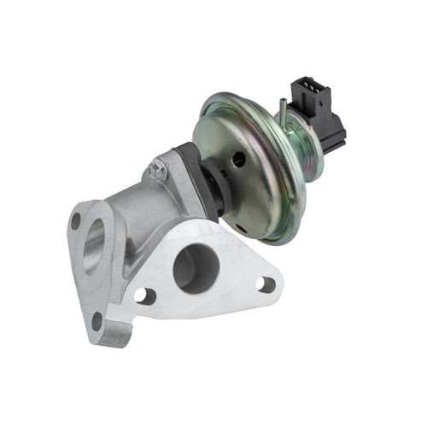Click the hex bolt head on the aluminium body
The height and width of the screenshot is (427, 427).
[157, 170]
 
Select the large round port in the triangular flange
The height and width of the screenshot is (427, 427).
[196, 272]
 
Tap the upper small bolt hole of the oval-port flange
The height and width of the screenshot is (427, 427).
[77, 220]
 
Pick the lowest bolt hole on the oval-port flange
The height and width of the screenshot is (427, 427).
[97, 321]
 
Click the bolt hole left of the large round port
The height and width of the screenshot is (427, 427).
[145, 295]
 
